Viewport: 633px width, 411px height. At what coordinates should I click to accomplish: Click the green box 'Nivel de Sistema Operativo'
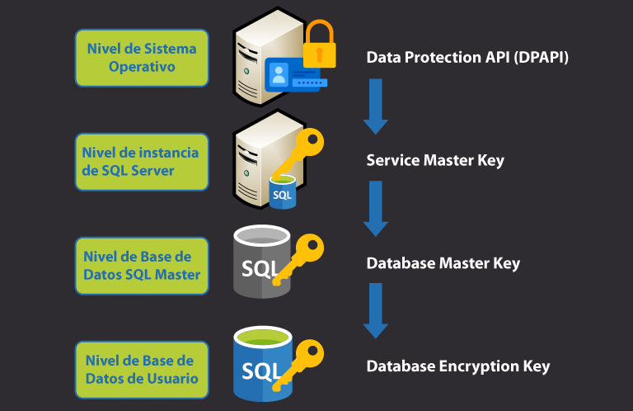coord(142,58)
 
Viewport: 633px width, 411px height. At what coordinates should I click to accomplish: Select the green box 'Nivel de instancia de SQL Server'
coord(142,161)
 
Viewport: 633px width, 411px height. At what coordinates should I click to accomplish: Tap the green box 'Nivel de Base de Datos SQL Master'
coord(142,265)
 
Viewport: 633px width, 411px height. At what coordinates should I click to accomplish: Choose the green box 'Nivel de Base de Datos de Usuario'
coord(142,369)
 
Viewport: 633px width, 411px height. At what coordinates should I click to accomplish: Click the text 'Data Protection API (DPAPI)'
coord(467,58)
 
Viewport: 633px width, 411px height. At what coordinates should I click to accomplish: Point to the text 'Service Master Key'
coord(434,160)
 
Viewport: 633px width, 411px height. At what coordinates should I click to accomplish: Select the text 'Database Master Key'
coord(443,264)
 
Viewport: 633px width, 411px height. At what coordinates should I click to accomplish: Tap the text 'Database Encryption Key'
coord(457,366)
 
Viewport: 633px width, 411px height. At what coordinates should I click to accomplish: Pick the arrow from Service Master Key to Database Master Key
coord(376,209)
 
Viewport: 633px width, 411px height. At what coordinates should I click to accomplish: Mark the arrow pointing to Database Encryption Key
coord(376,310)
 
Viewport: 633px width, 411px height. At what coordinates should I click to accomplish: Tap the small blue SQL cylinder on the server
coord(282,191)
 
